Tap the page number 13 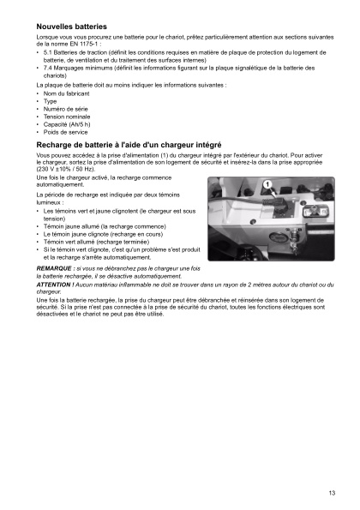[x=331, y=492]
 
